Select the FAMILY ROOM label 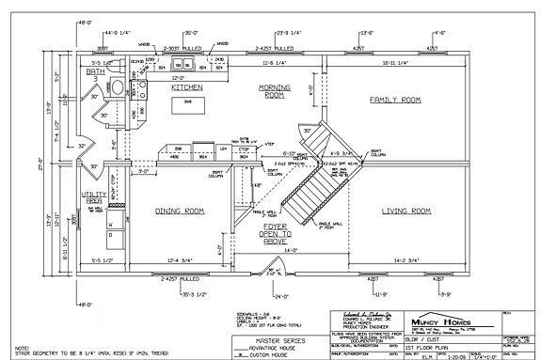[x=394, y=99]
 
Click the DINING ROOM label [x=181, y=211]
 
